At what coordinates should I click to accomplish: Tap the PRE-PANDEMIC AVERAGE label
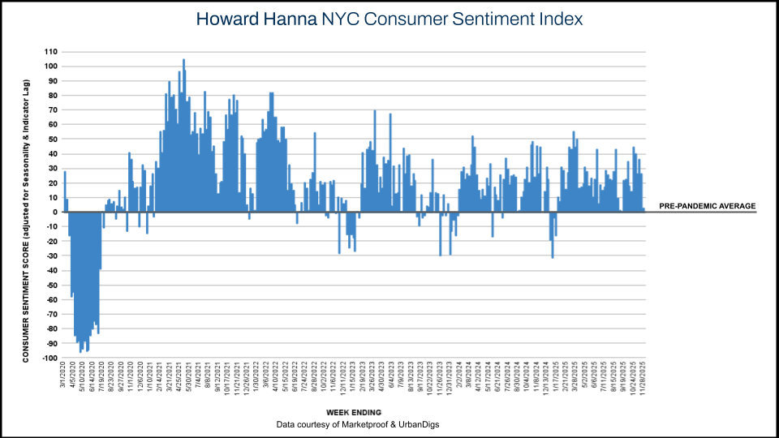pos(707,206)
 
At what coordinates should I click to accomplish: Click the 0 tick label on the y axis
pos(54,212)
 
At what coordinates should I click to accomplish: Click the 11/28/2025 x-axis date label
pos(642,380)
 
